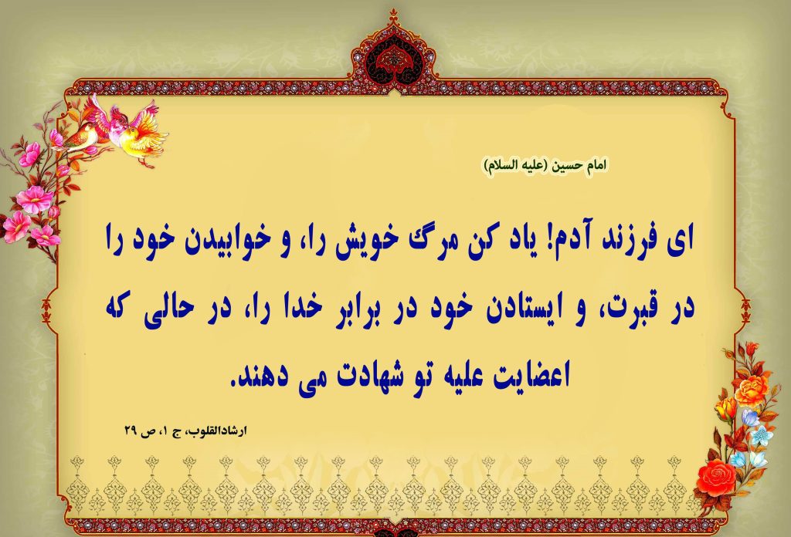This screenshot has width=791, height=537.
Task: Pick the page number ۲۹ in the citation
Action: pos(131,432)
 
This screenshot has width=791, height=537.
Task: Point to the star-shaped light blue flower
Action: pos(761,435)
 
